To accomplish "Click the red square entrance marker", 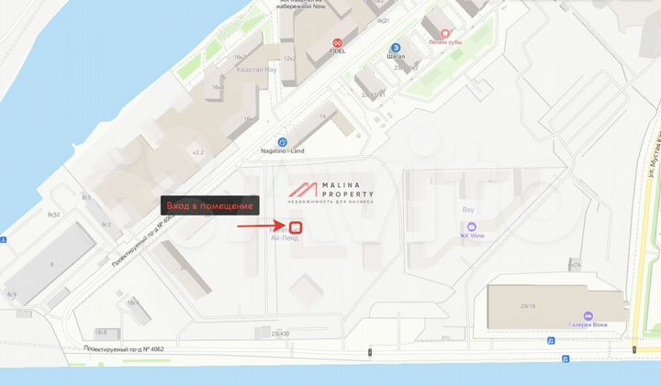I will pyautogui.click(x=296, y=226).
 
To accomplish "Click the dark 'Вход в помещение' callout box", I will pyautogui.click(x=211, y=206).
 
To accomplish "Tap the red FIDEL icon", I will pyautogui.click(x=337, y=42).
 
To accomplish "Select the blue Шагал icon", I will pyautogui.click(x=396, y=48).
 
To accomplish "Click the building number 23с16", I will pyautogui.click(x=528, y=307).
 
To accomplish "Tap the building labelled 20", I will pyautogui.click(x=183, y=268).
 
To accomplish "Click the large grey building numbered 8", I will pyautogui.click(x=51, y=264).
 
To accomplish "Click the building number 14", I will pyautogui.click(x=322, y=116).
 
